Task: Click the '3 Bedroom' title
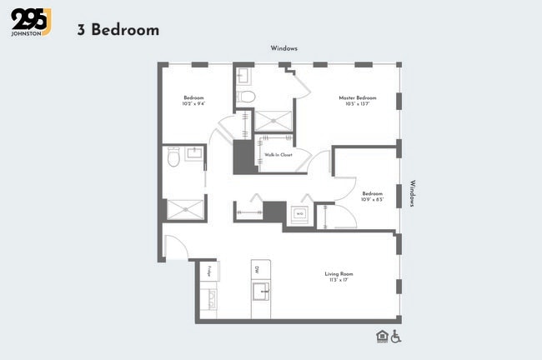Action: point(118,30)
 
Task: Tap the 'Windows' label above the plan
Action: point(284,48)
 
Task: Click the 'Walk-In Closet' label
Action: point(278,155)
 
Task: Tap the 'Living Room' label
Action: point(339,273)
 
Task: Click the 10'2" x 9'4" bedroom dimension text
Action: point(193,103)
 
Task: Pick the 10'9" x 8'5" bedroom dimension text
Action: point(372,199)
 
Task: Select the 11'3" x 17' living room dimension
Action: point(339,280)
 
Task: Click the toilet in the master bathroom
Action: point(246,97)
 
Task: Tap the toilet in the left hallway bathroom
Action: point(174,156)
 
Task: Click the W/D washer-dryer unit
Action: point(299,213)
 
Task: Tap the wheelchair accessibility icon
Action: point(396,336)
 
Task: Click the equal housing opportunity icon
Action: point(382,336)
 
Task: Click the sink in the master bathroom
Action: point(243,76)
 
